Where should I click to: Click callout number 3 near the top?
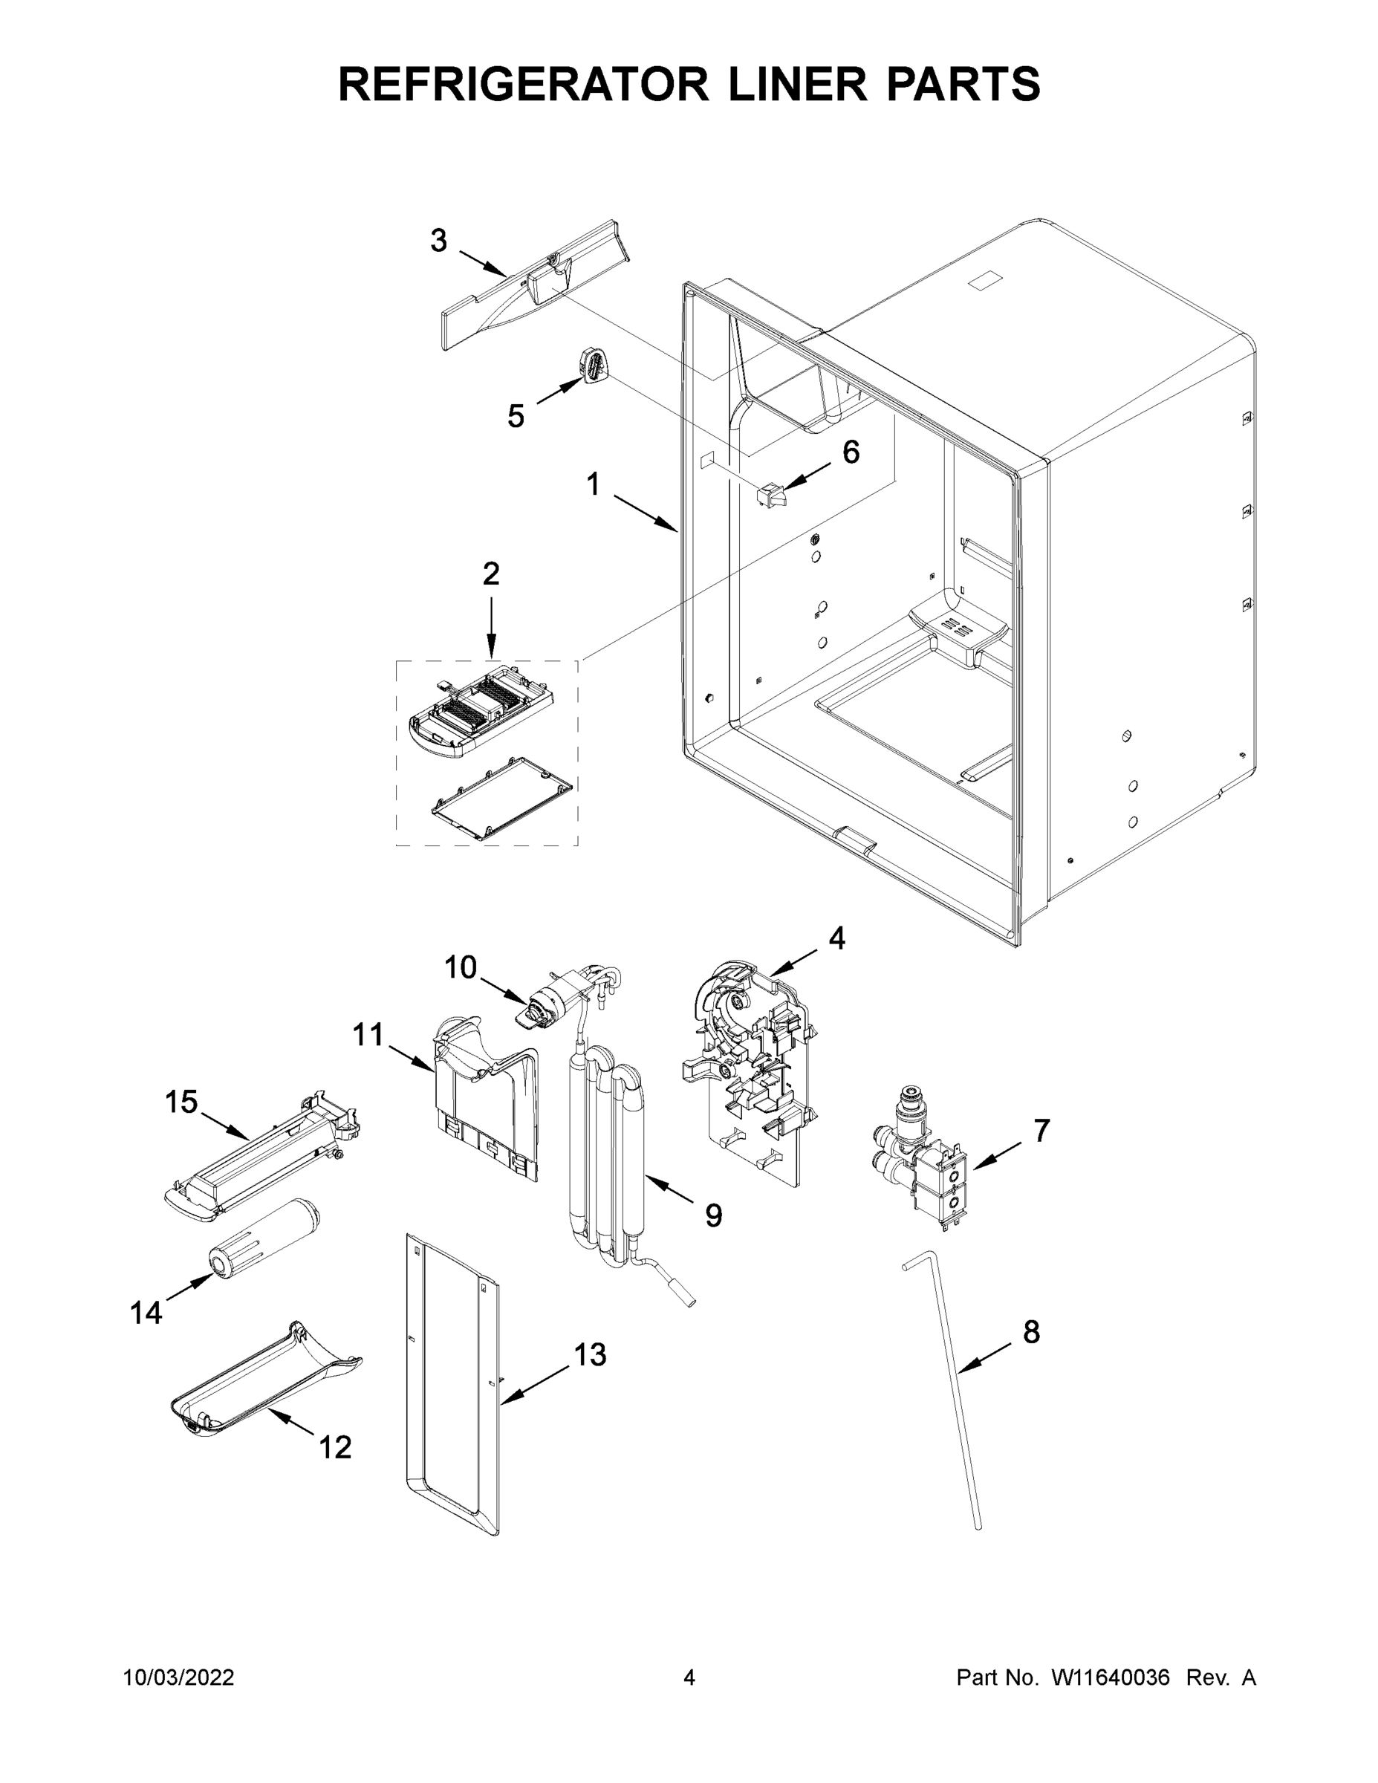(x=438, y=241)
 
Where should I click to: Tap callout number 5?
(x=516, y=416)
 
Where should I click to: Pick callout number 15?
(x=181, y=1102)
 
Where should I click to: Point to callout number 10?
(x=460, y=967)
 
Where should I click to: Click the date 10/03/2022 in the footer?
(x=179, y=1678)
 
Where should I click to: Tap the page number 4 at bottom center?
(x=689, y=1678)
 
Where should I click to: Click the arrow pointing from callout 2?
(x=490, y=629)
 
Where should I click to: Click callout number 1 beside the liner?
(x=594, y=485)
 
